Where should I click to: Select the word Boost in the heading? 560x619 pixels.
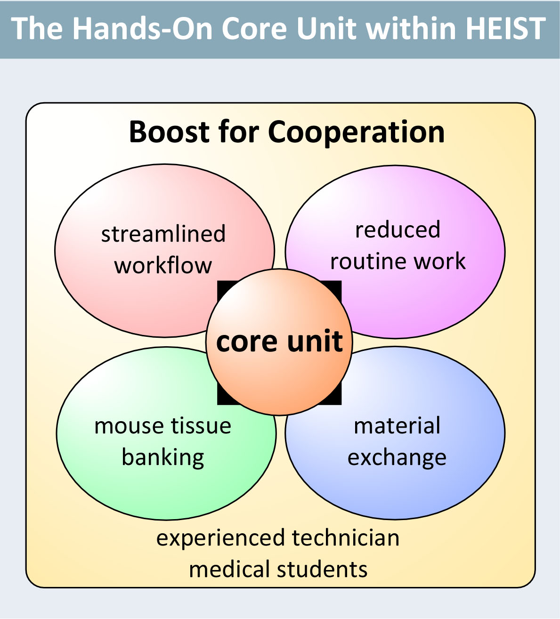coord(169,132)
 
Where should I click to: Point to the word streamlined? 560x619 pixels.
coord(163,234)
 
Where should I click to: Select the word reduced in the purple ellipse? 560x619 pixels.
coord(398,229)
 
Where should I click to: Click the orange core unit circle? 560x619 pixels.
coord(279,342)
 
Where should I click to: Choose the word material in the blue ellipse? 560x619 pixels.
coord(397,425)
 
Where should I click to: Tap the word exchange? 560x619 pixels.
coord(397,458)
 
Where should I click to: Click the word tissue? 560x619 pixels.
coord(201,425)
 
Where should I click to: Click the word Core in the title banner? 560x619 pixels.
coord(254,29)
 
